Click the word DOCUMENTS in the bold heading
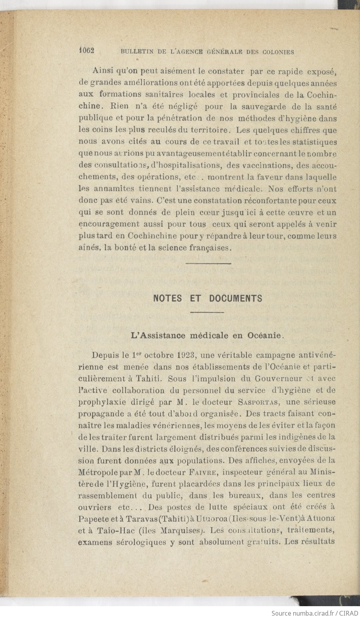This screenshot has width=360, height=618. [236, 298]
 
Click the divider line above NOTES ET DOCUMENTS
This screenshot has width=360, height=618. [208, 263]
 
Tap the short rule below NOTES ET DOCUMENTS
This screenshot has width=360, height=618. [207, 312]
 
